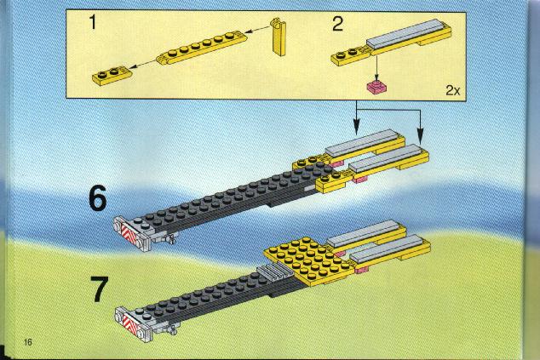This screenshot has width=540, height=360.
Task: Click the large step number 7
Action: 99,289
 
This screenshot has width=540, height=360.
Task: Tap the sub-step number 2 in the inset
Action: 337,24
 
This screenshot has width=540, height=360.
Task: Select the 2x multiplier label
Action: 452,90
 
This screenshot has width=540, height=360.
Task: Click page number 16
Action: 28,342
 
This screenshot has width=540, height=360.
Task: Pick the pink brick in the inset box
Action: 377,87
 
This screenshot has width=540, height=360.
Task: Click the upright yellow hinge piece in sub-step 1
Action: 279,37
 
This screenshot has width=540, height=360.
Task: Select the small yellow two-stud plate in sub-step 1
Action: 112,75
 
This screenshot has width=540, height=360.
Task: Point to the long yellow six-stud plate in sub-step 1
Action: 202,48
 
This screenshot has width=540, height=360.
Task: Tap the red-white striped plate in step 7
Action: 129,323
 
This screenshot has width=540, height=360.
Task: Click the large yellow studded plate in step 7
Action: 309,261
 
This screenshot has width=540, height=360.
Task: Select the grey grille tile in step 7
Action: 275,273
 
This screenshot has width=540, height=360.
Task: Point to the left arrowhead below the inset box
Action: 356,129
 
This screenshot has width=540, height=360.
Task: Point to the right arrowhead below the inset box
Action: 420,135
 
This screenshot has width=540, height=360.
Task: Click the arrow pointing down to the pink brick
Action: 376,68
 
